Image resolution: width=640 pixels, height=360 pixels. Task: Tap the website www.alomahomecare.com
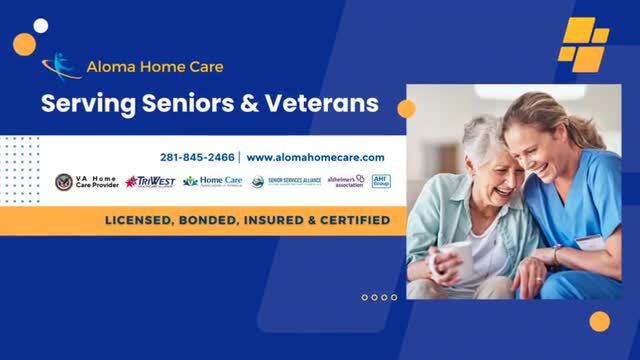pos(315,157)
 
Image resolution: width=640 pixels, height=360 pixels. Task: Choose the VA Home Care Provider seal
pos(64,182)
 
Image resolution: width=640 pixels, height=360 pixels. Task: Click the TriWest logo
pos(150,182)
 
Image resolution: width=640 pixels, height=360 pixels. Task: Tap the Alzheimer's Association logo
pos(345,181)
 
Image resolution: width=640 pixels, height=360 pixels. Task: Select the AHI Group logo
pos(381,181)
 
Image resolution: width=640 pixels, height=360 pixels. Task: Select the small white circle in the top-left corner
pos(41,26)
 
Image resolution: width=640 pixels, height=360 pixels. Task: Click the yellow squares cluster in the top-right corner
pos(584,42)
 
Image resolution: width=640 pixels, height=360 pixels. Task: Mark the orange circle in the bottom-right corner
pos(599,321)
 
